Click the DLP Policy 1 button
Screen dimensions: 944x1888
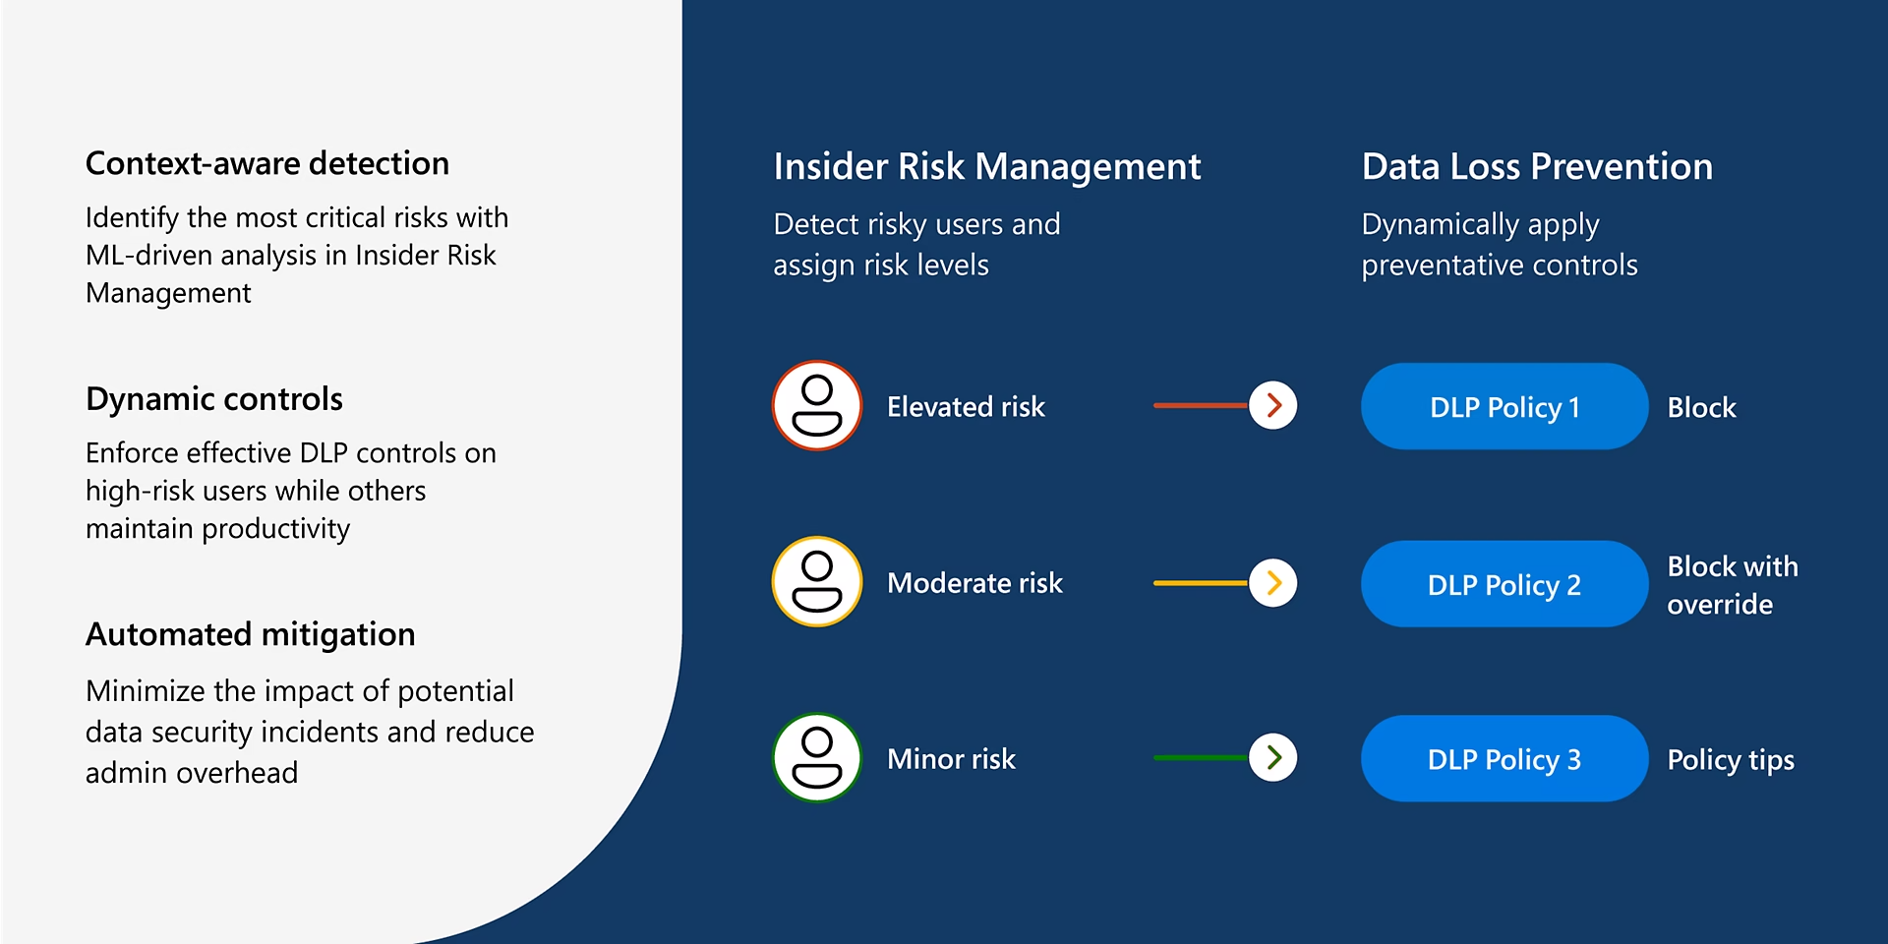point(1504,406)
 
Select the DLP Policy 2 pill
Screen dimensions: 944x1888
point(1504,584)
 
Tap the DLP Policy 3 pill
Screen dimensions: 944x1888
point(1504,759)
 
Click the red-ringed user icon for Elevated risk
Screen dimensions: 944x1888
point(817,405)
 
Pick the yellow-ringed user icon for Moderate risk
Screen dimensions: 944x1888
point(817,582)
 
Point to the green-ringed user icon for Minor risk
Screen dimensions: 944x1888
point(817,758)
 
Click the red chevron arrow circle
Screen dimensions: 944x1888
point(1273,405)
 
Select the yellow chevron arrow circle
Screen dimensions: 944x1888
point(1273,583)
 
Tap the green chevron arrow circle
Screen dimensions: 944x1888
point(1273,757)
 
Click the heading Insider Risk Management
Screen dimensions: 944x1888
point(986,167)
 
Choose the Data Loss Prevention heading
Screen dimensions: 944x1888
point(1536,167)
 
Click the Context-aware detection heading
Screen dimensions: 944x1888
point(266,163)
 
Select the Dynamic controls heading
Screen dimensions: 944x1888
point(213,399)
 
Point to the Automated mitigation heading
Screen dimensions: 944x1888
point(250,634)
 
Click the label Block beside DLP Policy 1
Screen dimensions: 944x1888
point(1701,407)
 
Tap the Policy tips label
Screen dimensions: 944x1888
point(1730,760)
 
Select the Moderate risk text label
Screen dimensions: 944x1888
point(974,583)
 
